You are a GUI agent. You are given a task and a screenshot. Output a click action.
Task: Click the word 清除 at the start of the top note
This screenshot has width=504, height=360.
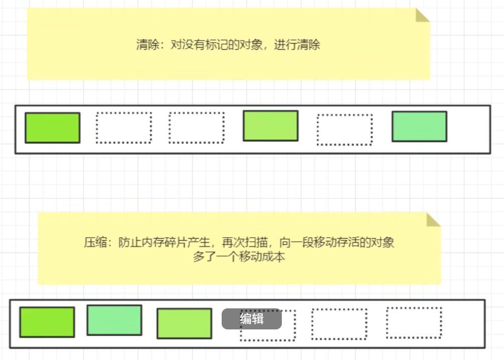click(145, 45)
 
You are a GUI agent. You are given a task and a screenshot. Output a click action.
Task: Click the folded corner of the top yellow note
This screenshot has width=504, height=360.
click(423, 15)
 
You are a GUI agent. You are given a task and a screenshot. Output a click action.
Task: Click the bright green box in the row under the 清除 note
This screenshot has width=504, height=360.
click(53, 128)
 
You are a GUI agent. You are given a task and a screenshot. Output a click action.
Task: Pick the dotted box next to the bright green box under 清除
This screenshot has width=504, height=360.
click(124, 128)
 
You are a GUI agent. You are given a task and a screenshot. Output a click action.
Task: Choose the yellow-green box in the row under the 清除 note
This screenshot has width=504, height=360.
click(270, 126)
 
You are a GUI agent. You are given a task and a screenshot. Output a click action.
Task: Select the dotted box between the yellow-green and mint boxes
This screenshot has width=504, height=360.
click(345, 130)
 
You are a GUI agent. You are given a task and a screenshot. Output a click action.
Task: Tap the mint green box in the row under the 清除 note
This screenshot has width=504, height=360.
click(419, 126)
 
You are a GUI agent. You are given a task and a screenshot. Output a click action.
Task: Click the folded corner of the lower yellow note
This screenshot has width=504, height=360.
click(433, 219)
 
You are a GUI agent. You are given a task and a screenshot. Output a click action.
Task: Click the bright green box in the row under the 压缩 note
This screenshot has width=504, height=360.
click(47, 322)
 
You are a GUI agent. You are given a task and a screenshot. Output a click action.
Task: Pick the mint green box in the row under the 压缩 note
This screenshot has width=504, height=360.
click(114, 320)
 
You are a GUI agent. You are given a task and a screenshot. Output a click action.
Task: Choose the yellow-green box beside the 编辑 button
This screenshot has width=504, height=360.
click(184, 323)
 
